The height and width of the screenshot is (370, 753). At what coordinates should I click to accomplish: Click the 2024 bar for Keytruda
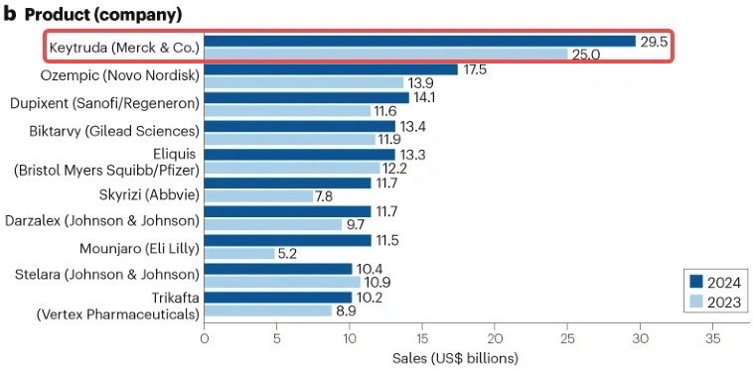[x=420, y=42]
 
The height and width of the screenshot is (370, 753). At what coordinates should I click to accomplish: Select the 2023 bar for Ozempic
[x=304, y=83]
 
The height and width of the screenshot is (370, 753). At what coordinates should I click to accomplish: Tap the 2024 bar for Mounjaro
[x=288, y=240]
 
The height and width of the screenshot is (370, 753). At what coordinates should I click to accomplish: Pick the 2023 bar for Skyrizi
[x=258, y=196]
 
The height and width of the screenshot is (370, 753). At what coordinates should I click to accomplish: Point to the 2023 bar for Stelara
[x=282, y=282]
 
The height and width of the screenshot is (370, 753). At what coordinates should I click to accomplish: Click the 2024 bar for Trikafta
[x=278, y=298]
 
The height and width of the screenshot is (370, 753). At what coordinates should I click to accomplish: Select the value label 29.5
[x=654, y=42]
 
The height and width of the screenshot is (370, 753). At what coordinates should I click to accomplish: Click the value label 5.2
[x=288, y=254]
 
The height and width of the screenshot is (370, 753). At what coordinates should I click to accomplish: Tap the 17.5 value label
[x=475, y=69]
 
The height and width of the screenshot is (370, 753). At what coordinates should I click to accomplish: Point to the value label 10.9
[x=377, y=282]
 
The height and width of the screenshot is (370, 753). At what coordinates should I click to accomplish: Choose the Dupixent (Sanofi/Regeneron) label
[x=104, y=103]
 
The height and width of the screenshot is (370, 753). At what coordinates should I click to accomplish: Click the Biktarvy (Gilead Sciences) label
[x=112, y=131]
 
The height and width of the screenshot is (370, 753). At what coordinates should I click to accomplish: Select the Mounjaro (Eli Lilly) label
[x=139, y=249]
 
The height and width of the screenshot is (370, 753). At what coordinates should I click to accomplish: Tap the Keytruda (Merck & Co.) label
[x=124, y=49]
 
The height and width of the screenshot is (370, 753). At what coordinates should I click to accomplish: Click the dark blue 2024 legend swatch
[x=695, y=282]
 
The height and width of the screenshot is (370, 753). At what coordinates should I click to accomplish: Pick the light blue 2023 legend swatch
[x=695, y=302]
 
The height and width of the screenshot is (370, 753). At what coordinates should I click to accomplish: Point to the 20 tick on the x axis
[x=495, y=339]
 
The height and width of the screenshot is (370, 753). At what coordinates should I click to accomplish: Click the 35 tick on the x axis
[x=712, y=339]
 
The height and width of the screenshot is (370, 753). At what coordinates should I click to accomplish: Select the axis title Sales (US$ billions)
[x=456, y=358]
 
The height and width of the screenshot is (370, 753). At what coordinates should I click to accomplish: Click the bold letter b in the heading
[x=11, y=14]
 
